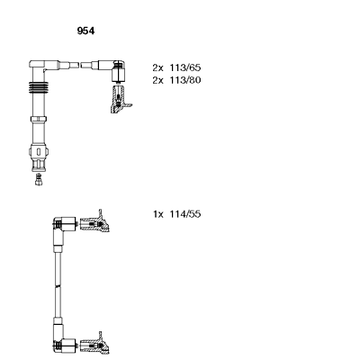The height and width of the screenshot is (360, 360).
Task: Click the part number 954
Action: point(85,31)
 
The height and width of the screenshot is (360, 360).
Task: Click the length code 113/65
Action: point(185,67)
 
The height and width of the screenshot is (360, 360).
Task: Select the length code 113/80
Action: point(185,80)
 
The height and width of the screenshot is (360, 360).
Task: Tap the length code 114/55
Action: point(185,214)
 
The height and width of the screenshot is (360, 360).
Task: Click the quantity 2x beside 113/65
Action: point(157,67)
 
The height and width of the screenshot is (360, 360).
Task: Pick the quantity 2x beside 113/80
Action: point(157,80)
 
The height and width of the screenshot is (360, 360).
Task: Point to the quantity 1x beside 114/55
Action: point(158,214)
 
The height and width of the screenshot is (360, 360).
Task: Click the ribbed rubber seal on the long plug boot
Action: point(39,87)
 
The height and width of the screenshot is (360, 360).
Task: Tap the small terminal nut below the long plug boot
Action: point(39,179)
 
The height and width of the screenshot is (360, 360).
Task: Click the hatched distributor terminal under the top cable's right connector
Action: point(120,100)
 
